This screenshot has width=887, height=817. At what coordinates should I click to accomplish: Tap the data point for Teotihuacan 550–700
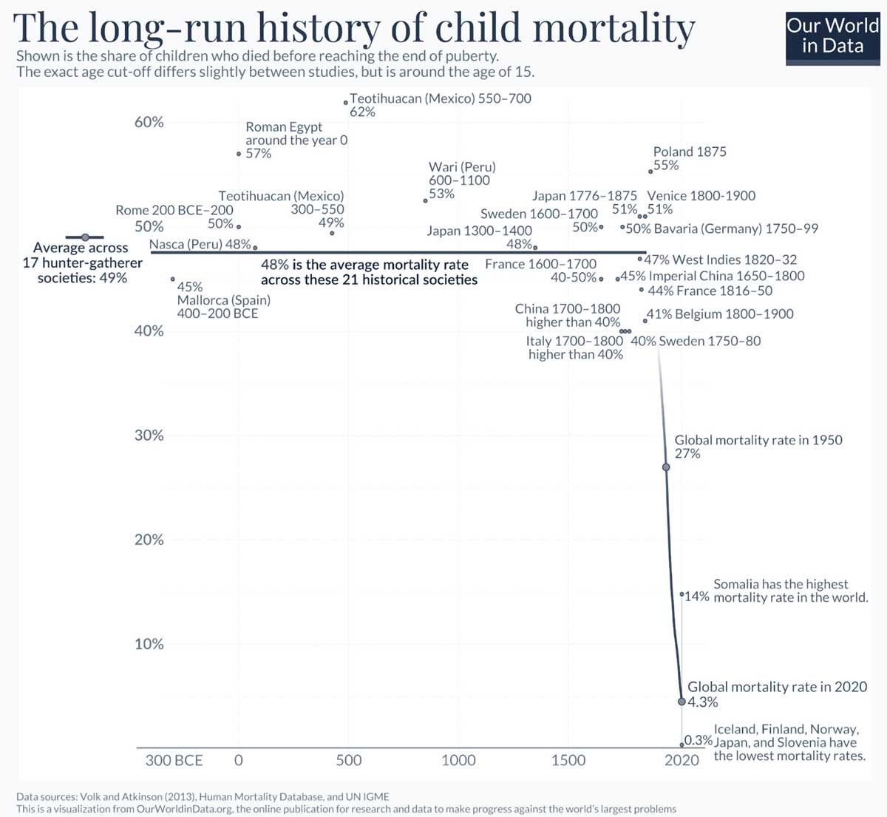click(x=346, y=103)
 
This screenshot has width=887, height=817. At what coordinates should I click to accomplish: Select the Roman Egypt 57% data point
click(x=239, y=154)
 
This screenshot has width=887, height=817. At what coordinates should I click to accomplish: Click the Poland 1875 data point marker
click(x=650, y=171)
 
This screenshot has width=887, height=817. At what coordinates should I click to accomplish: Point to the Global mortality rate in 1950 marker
click(x=666, y=467)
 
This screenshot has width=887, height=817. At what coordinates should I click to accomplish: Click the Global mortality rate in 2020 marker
click(x=682, y=701)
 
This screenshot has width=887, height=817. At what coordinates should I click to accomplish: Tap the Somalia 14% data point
click(x=682, y=594)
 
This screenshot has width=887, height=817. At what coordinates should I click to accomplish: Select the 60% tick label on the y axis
click(x=149, y=122)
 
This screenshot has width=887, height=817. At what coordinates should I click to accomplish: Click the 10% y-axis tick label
click(x=149, y=644)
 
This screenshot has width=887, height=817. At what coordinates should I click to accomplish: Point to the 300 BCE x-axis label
click(x=174, y=760)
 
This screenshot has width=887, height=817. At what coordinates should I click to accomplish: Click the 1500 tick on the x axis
click(x=568, y=760)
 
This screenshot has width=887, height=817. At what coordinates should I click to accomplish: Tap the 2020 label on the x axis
click(x=681, y=760)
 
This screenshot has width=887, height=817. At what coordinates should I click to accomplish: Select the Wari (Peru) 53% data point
click(x=425, y=200)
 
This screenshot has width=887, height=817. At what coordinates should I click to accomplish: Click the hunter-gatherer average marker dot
click(x=85, y=237)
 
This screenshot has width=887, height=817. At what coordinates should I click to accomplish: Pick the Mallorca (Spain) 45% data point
click(x=173, y=279)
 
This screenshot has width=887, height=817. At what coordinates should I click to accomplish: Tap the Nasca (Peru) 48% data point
click(x=255, y=248)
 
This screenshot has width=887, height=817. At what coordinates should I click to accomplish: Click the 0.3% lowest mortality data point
click(x=682, y=744)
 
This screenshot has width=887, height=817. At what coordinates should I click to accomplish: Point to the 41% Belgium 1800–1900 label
click(x=720, y=314)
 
